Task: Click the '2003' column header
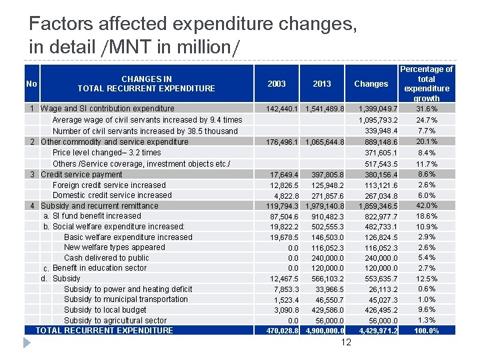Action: tap(276, 84)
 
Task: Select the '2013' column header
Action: tap(321, 84)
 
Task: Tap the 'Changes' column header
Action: tap(371, 84)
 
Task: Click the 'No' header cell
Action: tap(31, 84)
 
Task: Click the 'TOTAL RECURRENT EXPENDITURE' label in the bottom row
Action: tap(104, 331)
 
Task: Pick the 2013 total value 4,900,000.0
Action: tap(325, 331)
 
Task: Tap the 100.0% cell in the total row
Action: tap(426, 331)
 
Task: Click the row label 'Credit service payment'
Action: tap(81, 175)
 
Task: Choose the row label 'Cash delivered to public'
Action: tap(107, 258)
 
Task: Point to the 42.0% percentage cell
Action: tap(426, 206)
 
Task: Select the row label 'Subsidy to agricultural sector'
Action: tap(115, 321)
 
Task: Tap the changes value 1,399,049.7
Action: tap(378, 109)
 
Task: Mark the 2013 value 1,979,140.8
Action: tap(325, 206)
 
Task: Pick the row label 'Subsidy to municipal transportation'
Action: tap(126, 299)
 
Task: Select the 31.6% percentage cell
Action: tap(426, 109)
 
